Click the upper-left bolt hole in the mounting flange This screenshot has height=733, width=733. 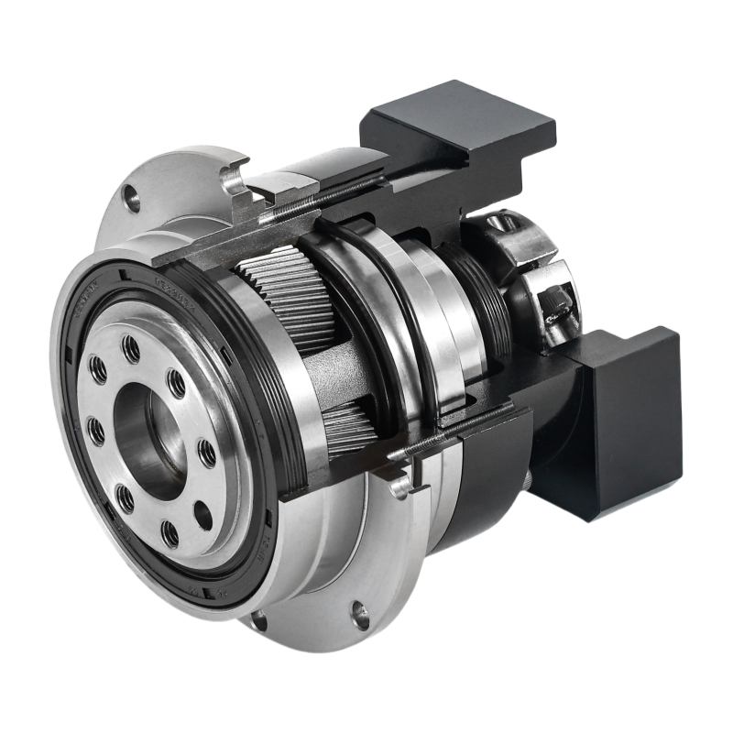tap(132, 198)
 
